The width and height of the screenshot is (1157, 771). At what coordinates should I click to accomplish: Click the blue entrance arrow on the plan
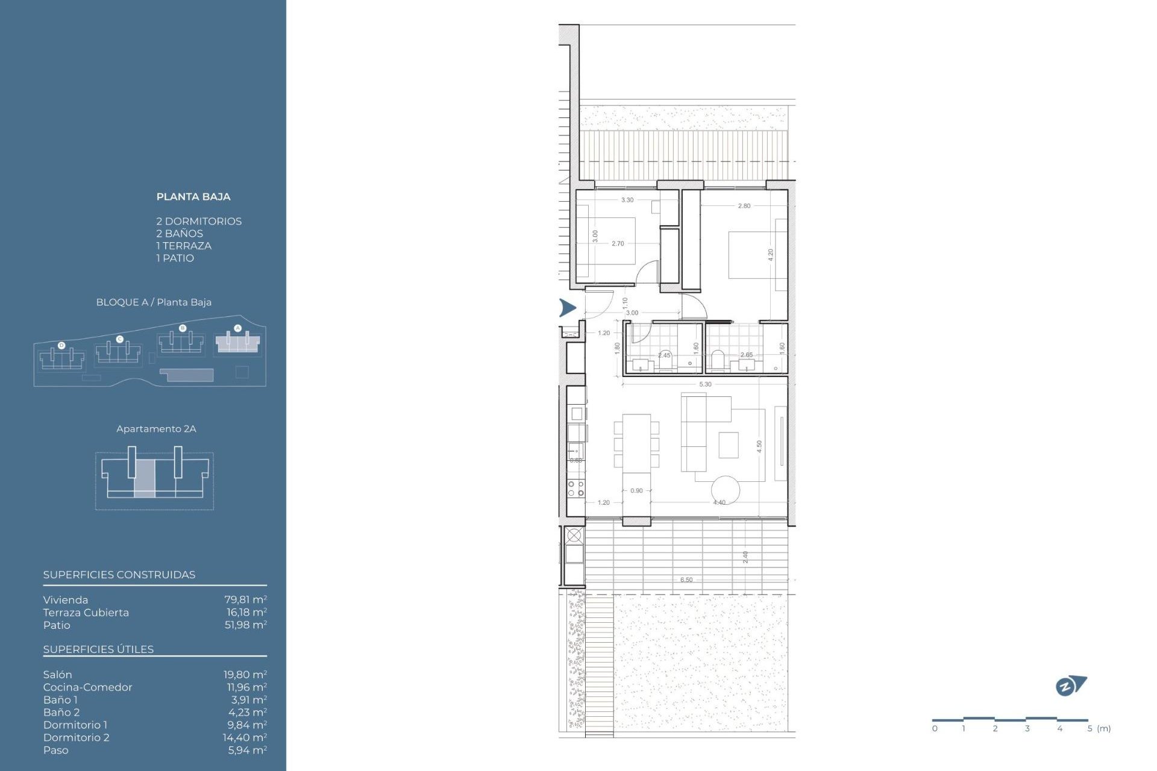567,308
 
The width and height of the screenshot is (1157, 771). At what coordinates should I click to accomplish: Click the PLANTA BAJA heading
193,197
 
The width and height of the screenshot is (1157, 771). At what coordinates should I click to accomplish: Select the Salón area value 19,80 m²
245,675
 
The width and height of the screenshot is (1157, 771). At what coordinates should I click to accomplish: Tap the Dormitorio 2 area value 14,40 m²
245,737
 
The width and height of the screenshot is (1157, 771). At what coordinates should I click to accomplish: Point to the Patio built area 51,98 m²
245,625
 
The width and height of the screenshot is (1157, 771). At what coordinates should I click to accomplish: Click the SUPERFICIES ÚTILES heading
98,649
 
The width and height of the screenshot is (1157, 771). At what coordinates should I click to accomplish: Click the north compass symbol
1070,685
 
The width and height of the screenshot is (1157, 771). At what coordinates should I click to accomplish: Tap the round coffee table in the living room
725,490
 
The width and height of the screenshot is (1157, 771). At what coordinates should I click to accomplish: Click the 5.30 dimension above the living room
705,384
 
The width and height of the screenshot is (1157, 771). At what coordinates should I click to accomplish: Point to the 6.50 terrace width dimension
686,580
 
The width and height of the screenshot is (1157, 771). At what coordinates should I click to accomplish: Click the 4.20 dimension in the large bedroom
770,255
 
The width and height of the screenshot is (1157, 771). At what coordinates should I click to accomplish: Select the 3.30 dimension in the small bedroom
627,200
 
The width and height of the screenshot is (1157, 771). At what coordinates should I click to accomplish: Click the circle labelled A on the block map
237,328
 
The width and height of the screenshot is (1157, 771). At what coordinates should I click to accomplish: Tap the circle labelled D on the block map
61,345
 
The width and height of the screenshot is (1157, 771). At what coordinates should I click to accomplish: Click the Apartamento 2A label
156,429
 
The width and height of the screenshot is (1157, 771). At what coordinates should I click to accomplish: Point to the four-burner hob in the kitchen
575,488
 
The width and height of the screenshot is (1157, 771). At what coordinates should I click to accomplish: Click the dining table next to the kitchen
636,443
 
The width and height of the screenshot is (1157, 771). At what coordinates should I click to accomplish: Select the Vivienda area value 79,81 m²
245,600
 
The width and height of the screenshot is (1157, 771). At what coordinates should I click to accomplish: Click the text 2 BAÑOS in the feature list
180,234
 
